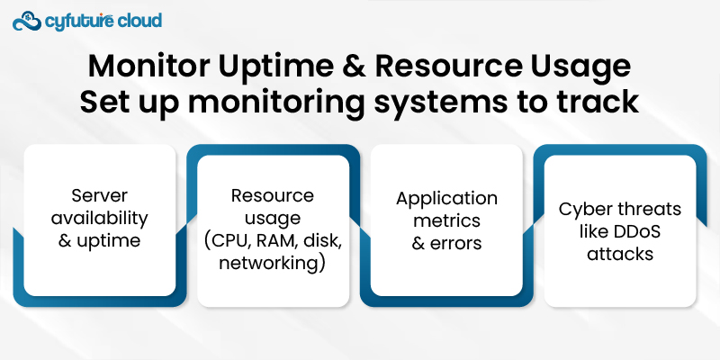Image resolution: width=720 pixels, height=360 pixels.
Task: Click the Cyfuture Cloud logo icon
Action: coord(29,20)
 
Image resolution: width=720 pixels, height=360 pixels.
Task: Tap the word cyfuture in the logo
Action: coord(80,20)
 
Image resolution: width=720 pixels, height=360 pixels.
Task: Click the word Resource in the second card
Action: coord(273,195)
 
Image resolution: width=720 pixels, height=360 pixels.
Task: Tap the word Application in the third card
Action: coord(446,198)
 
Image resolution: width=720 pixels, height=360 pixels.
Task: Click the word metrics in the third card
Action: coord(446,220)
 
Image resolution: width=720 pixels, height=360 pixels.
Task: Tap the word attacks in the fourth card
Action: coord(619,254)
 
